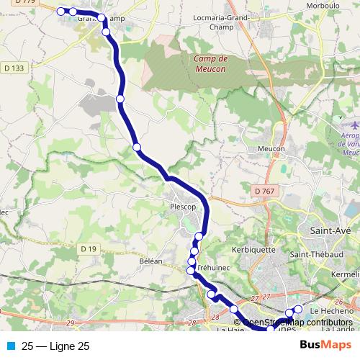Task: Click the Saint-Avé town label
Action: pyautogui.click(x=329, y=230)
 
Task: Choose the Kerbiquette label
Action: pyautogui.click(x=255, y=250)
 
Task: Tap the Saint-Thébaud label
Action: pyautogui.click(x=314, y=255)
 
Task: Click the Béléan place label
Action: pyautogui.click(x=151, y=261)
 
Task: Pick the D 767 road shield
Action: pyautogui.click(x=265, y=190)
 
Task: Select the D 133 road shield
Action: pyautogui.click(x=14, y=68)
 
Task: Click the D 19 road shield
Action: pyautogui.click(x=89, y=249)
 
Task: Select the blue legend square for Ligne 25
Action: pyautogui.click(x=11, y=346)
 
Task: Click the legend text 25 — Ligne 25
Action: pyautogui.click(x=56, y=346)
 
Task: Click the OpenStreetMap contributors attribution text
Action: pyautogui.click(x=297, y=323)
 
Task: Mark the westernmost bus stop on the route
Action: pyautogui.click(x=61, y=11)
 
